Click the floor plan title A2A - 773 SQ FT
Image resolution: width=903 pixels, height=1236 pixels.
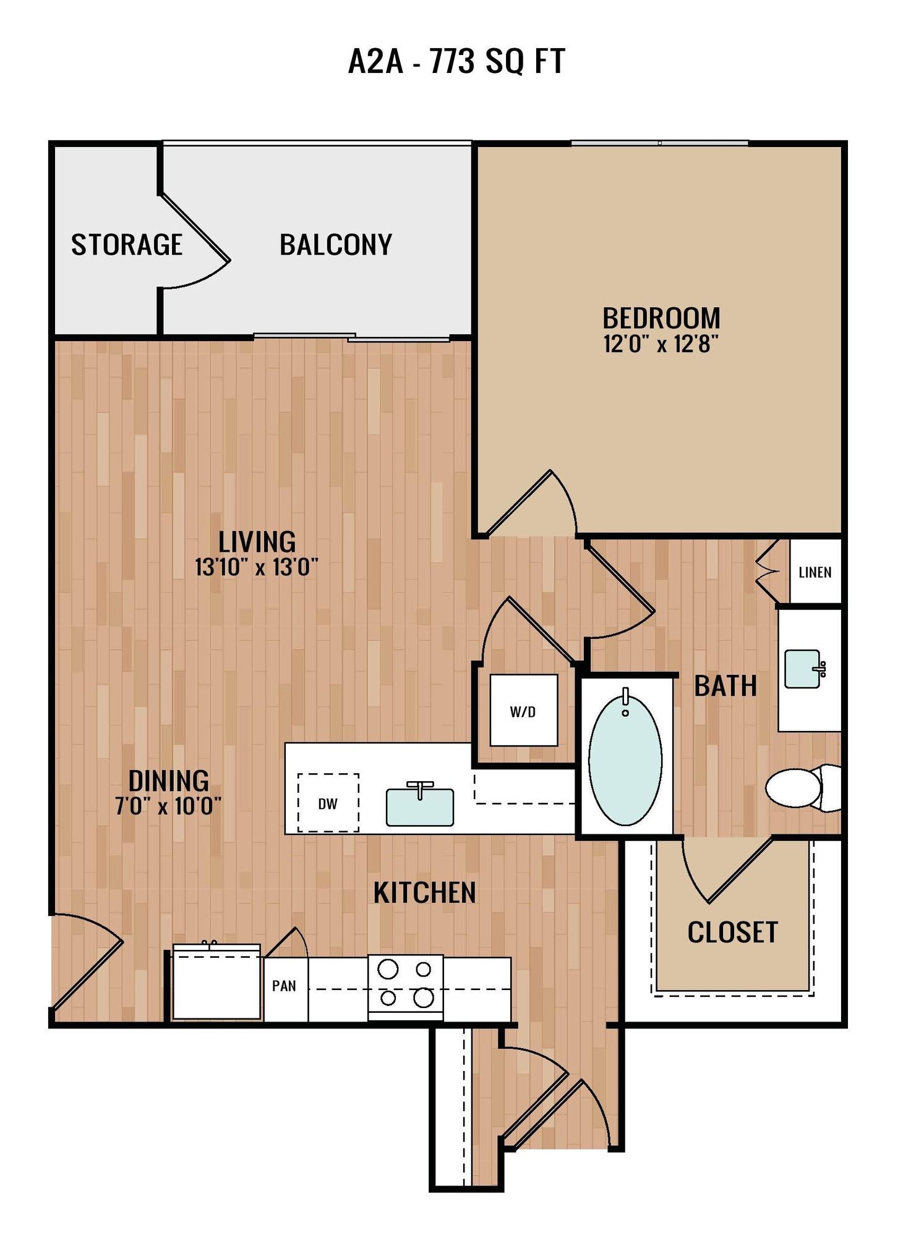pos(456,61)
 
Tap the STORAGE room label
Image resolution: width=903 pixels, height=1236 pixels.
pos(126,245)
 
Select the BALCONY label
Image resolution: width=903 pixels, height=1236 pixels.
pos(336,245)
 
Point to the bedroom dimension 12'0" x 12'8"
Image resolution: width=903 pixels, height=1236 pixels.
pos(661,344)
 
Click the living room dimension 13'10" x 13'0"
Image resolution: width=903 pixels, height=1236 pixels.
pos(256,567)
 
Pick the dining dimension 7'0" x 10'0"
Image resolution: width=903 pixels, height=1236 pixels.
pos(168,806)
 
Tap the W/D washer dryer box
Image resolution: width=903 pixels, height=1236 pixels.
pos(523,711)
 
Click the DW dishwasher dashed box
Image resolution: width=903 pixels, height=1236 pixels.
pos(328,803)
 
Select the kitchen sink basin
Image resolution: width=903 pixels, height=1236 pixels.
pos(419,807)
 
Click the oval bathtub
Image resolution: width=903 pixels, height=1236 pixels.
pos(625,760)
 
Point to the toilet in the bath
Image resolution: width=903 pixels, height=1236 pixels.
pos(801,788)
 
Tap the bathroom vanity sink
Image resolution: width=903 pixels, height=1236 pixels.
pos(802,668)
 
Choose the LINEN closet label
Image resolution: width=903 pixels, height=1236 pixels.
pos(815,572)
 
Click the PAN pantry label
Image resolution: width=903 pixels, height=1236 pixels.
pos(284,985)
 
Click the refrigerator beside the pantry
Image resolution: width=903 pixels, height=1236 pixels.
pos(216,983)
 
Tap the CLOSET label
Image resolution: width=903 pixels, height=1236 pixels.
pos(732,932)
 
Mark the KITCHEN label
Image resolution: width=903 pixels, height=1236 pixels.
pos(424,892)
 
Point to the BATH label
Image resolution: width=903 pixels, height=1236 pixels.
pos(725,686)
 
